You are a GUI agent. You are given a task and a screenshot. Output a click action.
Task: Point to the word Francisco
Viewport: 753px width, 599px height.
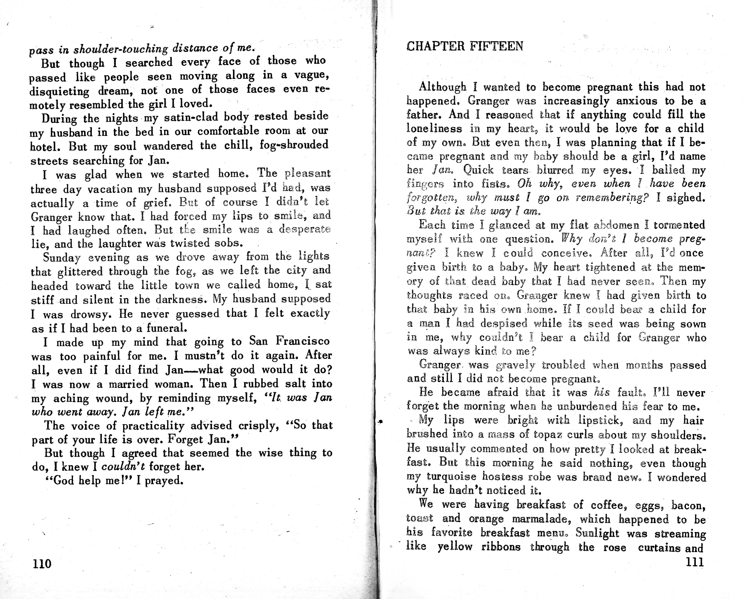(303, 340)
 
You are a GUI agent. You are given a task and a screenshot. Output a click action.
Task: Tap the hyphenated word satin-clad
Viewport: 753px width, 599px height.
(191, 117)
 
